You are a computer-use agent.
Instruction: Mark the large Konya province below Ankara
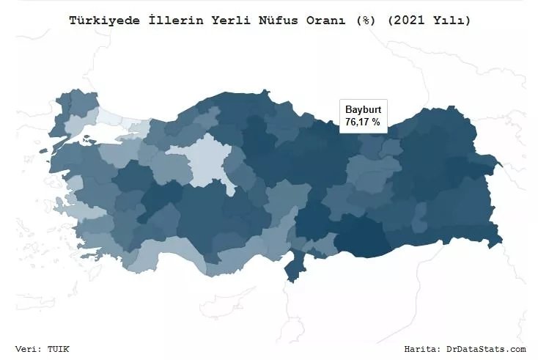pyautogui.click(x=205, y=213)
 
